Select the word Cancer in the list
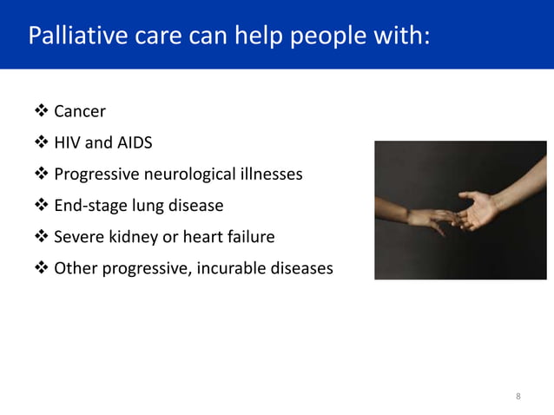80,112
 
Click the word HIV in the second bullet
69,143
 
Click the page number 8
518,397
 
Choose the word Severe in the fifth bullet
79,237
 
